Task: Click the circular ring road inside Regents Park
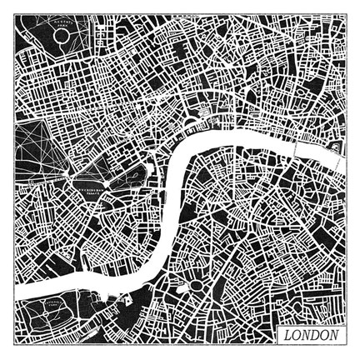click(62, 37)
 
